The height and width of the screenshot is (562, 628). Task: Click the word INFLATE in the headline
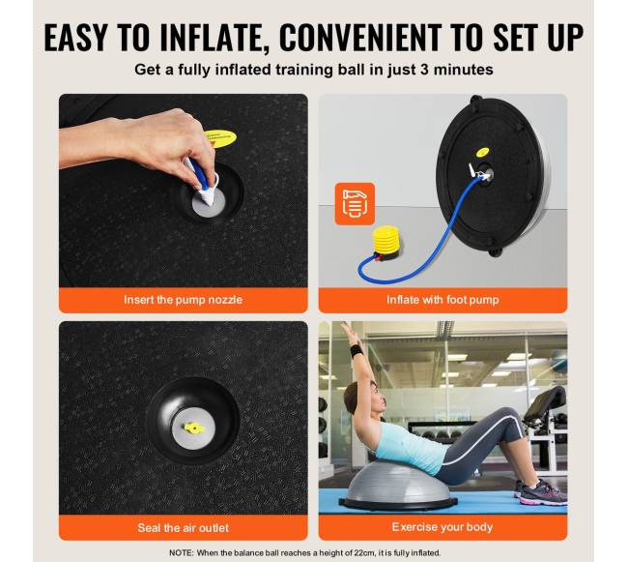click(x=214, y=38)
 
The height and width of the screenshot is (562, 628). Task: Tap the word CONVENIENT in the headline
click(x=360, y=38)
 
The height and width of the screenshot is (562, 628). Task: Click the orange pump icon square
click(x=355, y=204)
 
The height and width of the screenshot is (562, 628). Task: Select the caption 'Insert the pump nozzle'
click(x=183, y=300)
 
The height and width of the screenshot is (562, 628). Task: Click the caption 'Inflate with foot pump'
click(x=442, y=300)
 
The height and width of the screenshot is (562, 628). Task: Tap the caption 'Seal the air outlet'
click(x=183, y=527)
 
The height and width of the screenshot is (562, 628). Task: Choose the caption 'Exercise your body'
click(x=442, y=527)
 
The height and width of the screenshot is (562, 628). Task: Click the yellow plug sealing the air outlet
click(x=193, y=429)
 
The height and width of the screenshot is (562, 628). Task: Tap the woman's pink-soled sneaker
click(x=541, y=493)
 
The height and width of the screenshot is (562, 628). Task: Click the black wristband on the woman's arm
click(x=357, y=351)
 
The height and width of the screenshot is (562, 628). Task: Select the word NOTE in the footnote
click(x=181, y=552)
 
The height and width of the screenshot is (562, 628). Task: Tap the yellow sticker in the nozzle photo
click(x=220, y=138)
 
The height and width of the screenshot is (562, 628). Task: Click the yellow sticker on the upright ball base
click(x=483, y=153)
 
